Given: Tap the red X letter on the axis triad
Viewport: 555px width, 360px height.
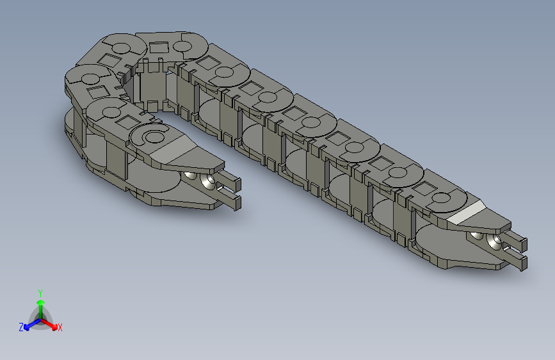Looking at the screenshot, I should [60, 327].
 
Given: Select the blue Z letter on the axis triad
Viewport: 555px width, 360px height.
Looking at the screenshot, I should [21, 327].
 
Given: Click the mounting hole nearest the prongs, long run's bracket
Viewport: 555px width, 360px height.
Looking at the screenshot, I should [494, 242].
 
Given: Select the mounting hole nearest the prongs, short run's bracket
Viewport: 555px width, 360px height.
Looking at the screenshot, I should [207, 183].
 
